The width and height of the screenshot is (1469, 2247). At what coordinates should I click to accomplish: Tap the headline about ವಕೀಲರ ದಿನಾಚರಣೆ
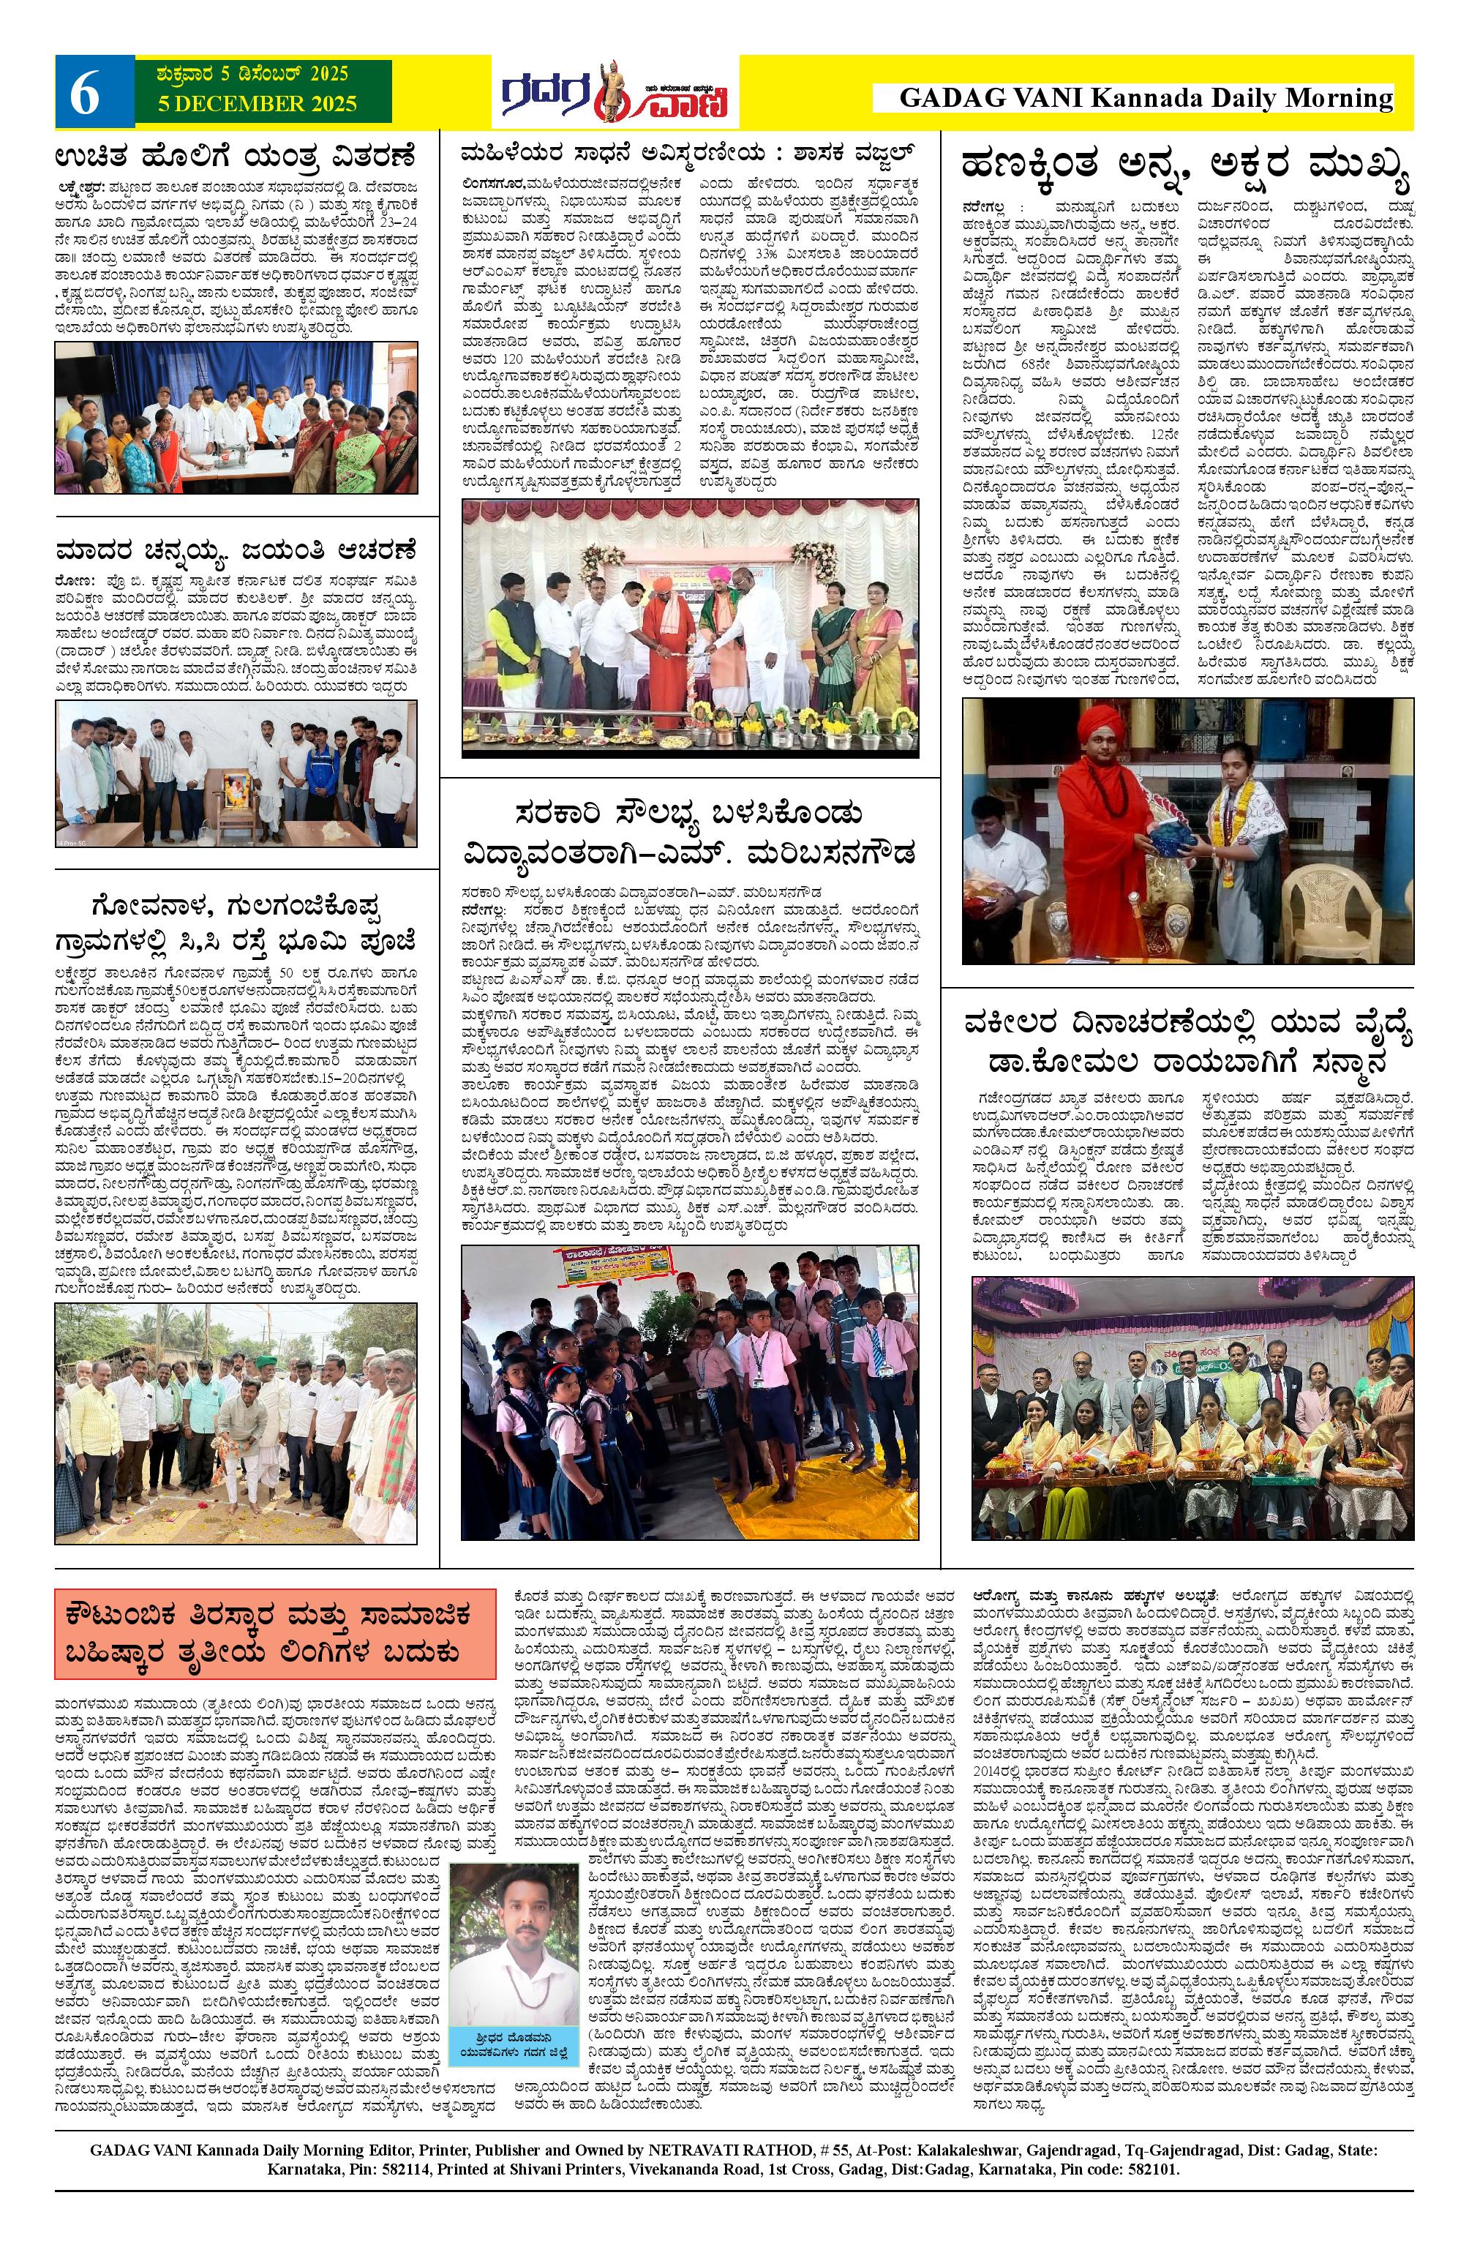tap(1187, 1043)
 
